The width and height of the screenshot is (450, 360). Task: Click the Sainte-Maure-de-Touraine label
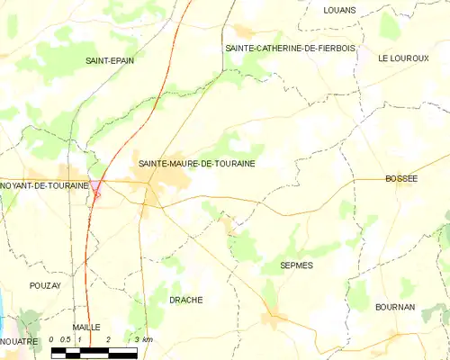(x=196, y=165)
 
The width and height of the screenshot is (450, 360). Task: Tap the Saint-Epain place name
(x=104, y=61)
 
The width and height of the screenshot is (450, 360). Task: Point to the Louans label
(x=339, y=10)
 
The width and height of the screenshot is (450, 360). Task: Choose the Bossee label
(x=401, y=179)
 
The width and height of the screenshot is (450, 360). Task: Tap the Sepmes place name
(x=296, y=266)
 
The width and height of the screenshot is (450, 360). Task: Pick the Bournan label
(x=395, y=307)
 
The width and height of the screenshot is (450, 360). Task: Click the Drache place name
(x=186, y=300)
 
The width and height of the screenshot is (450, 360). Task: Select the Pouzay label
(x=44, y=284)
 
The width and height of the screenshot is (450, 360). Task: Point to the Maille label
(x=86, y=327)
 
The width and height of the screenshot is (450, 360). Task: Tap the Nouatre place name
(x=19, y=342)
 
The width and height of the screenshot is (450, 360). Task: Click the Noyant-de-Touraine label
(x=45, y=185)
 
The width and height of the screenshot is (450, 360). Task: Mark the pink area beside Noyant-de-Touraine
(x=96, y=188)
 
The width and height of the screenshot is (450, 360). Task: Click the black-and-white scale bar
(x=94, y=352)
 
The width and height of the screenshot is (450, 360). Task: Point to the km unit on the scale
(x=147, y=339)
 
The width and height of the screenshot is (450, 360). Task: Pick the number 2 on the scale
(x=108, y=339)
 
